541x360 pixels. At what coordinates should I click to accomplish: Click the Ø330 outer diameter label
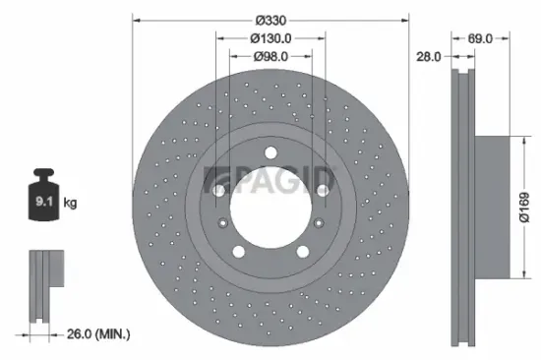(270, 20)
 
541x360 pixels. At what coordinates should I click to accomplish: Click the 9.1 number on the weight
(45, 203)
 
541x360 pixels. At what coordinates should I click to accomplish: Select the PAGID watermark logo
(270, 180)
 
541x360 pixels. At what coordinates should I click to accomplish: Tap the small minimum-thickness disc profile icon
(43, 285)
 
